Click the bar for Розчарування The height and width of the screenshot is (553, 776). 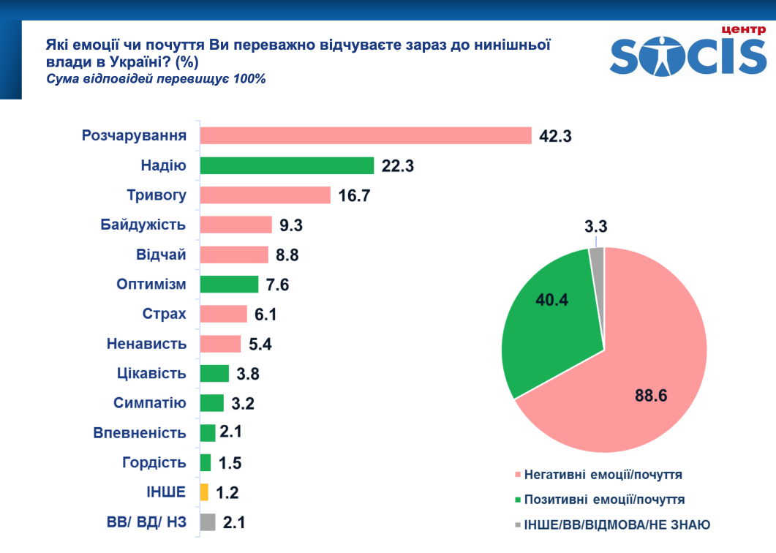366,135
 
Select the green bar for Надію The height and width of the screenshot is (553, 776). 287,165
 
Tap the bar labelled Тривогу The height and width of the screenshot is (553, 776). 265,195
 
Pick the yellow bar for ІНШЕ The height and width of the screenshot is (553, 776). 204,492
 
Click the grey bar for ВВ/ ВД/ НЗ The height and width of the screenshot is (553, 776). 208,522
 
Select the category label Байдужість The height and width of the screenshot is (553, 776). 143,225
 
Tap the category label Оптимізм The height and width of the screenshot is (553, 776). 151,284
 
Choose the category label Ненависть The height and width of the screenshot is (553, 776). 147,343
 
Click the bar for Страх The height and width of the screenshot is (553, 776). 224,314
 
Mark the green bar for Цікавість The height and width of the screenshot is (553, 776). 214,373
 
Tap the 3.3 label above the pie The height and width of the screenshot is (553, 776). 596,227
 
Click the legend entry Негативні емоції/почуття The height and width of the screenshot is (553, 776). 603,475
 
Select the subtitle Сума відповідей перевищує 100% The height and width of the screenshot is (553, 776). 156,79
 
